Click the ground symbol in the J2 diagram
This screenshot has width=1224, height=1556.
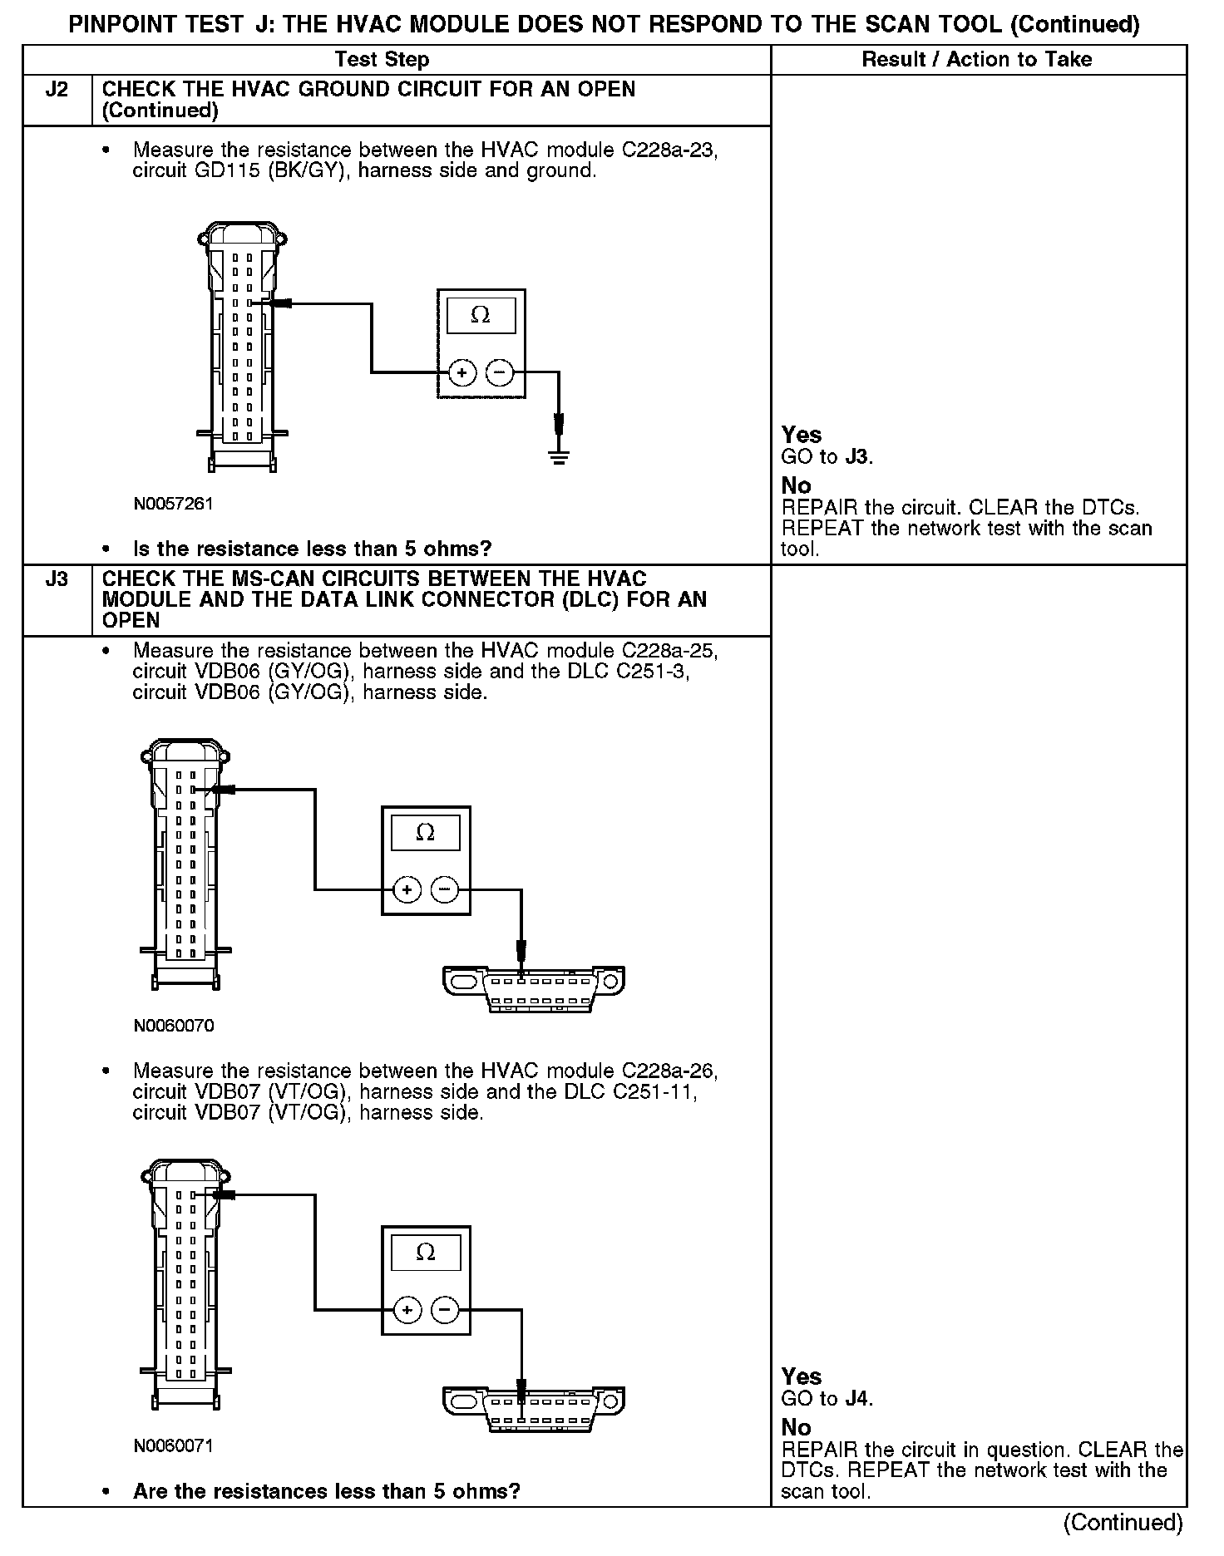point(560,456)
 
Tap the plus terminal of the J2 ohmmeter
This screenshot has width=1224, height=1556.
point(461,374)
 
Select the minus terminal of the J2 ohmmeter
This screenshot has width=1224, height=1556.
point(500,374)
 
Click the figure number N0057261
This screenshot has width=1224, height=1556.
point(173,504)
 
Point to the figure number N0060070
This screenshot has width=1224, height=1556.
point(173,1026)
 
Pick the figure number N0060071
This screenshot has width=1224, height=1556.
point(173,1445)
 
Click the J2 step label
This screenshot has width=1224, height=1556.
point(57,90)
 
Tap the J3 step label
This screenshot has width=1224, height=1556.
point(57,579)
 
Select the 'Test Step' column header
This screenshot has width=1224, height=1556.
point(382,60)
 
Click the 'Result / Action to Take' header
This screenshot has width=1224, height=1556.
point(977,60)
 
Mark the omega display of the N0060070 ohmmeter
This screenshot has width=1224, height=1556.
point(425,832)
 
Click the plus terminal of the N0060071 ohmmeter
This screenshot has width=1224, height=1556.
point(407,1311)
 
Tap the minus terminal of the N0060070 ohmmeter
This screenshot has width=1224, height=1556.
point(445,891)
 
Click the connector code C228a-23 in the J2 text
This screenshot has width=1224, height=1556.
point(669,150)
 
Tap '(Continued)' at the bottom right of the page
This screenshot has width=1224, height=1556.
point(1123,1522)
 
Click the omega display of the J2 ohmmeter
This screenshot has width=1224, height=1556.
point(481,315)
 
